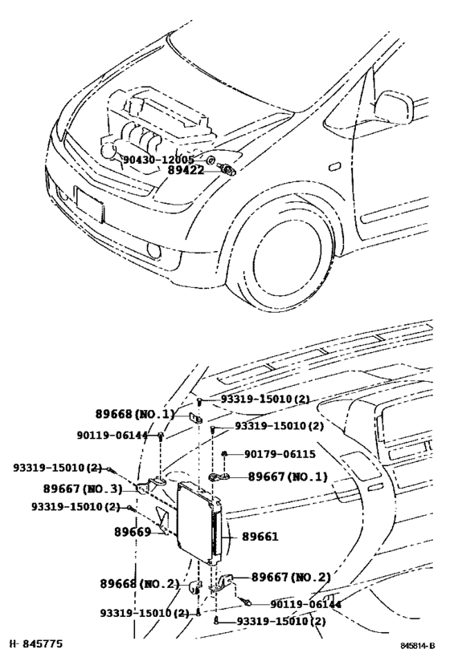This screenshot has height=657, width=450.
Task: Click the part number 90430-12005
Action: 158,160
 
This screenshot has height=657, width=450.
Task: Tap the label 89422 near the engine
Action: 186,170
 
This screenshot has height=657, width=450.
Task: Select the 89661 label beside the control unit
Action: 260,537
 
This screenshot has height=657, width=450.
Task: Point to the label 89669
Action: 133,532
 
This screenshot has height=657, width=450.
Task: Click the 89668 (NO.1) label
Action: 134,415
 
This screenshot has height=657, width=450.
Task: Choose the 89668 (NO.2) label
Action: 139,584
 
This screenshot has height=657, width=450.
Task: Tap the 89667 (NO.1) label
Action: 288,477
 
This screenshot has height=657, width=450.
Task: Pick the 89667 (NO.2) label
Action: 291,577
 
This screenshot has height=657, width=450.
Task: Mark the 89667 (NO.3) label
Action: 82,489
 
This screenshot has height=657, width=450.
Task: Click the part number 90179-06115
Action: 280,454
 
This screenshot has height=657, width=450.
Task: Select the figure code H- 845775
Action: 36,643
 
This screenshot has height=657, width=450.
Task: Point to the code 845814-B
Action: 416,645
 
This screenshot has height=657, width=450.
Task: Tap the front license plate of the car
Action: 89,205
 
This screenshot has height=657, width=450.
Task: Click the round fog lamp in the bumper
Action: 153,250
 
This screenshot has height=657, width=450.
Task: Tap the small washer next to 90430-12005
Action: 211,160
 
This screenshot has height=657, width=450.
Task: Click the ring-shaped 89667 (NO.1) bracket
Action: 219,477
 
